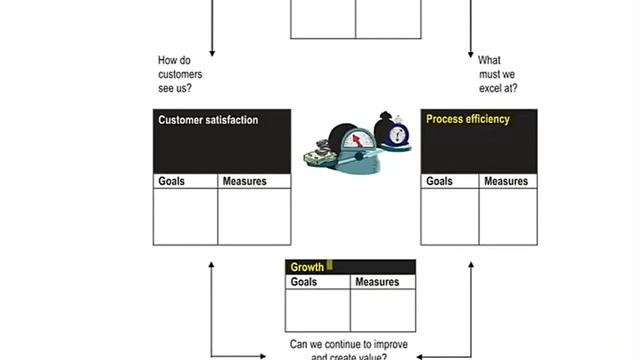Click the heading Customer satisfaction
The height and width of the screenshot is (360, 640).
click(208, 120)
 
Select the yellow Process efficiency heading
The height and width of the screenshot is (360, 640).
click(468, 119)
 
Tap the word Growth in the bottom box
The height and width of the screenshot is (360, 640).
click(306, 267)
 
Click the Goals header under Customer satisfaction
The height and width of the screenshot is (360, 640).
click(172, 181)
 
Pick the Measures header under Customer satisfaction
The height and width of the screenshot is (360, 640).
click(244, 181)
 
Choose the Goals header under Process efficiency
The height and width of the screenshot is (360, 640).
click(439, 181)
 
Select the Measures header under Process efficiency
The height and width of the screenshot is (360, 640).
click(506, 181)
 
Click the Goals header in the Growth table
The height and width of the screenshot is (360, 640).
click(304, 282)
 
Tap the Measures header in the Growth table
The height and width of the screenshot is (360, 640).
click(377, 282)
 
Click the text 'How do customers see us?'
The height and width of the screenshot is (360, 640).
click(180, 74)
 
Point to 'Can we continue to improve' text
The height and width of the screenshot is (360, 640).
click(349, 344)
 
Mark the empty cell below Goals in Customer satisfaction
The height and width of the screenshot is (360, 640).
click(185, 216)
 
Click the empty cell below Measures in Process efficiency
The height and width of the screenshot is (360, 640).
click(507, 216)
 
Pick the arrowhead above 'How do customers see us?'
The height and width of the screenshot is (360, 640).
click(212, 51)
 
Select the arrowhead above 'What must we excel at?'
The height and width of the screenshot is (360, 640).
click(470, 51)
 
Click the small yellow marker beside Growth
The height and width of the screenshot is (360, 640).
click(330, 266)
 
